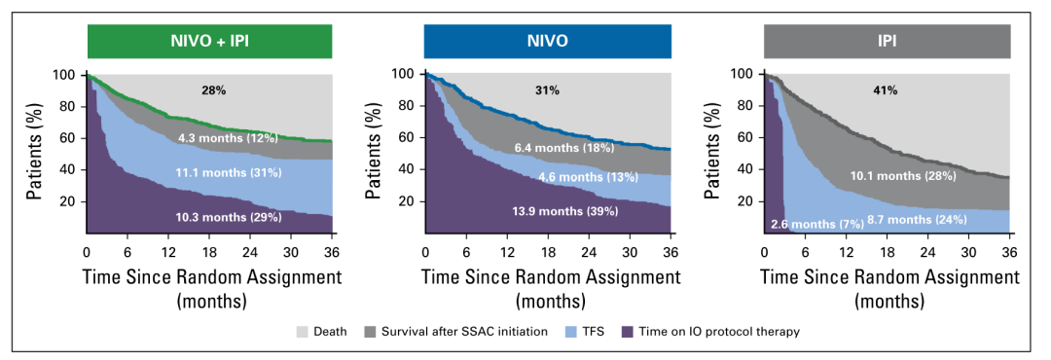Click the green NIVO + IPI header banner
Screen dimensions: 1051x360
tap(210, 41)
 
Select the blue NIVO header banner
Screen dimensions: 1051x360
tap(548, 41)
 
